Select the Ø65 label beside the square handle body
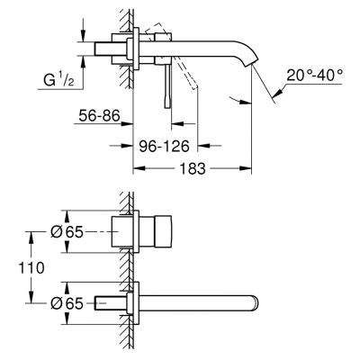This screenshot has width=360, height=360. coord(68,231)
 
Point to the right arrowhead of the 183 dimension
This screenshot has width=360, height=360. coord(248,166)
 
